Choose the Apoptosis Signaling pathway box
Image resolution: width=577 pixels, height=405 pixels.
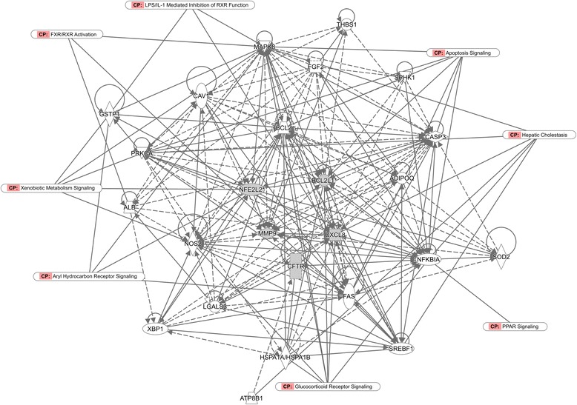(x=464, y=53)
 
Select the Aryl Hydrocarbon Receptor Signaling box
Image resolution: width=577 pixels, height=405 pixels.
(x=89, y=276)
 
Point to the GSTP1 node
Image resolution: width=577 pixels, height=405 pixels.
(x=109, y=115)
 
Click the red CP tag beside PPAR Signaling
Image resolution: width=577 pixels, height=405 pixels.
(x=493, y=326)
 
